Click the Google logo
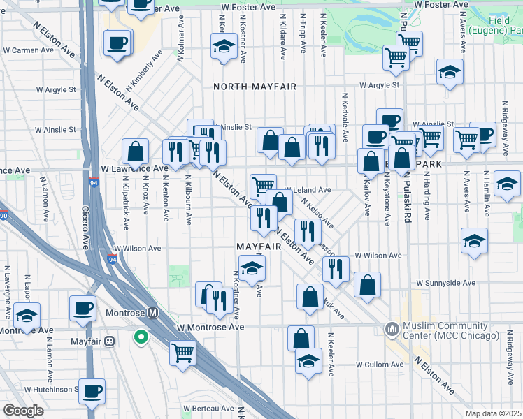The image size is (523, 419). pos(24,410)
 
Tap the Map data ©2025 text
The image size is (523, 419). pos(493,413)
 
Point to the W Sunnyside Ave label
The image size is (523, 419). pos(445,284)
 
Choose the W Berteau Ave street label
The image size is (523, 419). pos(207,408)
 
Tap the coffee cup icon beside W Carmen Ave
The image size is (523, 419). pos(116,43)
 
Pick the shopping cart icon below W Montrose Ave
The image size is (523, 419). pos(182,353)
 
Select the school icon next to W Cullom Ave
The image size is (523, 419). pos(308,361)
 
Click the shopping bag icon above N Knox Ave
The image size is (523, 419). pos(135,151)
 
